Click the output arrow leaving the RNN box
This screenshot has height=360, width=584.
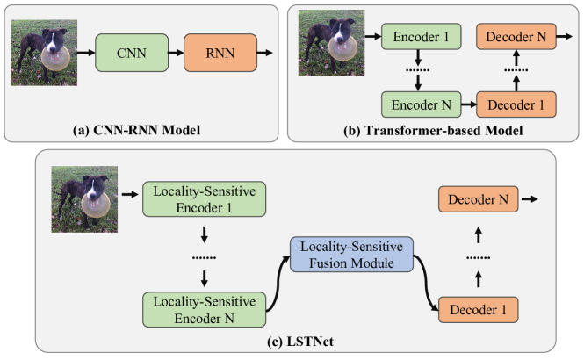tap(265, 54)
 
